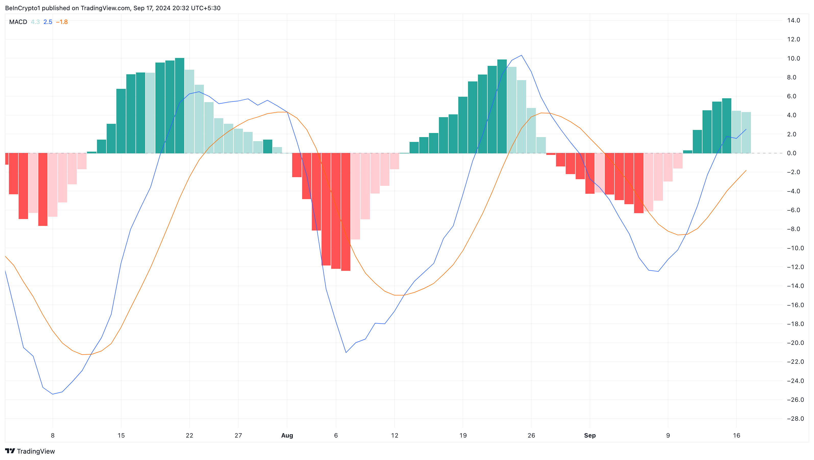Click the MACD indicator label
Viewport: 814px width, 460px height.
(x=18, y=22)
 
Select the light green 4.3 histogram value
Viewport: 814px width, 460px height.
(x=35, y=22)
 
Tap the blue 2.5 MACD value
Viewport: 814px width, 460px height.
(x=48, y=22)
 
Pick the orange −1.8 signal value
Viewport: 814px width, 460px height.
(x=62, y=22)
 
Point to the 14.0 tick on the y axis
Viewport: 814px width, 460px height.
(x=794, y=21)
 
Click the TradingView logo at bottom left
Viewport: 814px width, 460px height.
(x=30, y=451)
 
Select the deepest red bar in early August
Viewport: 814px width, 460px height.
(x=346, y=212)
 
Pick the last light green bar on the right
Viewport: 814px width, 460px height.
(x=746, y=133)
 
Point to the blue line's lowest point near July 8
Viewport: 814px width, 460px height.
(x=53, y=394)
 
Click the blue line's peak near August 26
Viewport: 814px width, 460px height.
(x=521, y=55)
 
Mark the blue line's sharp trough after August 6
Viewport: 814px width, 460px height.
(x=346, y=352)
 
